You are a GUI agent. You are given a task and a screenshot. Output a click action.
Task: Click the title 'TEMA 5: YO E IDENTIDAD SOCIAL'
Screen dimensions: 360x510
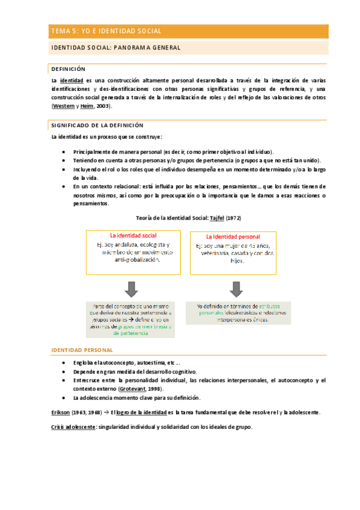(x=106, y=31)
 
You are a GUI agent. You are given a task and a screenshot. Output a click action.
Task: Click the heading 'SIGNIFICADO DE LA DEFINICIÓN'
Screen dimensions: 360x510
(x=97, y=125)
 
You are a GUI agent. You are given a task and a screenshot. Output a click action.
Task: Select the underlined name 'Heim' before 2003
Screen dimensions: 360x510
(x=88, y=106)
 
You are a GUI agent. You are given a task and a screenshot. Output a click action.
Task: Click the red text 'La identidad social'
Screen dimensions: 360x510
(x=133, y=235)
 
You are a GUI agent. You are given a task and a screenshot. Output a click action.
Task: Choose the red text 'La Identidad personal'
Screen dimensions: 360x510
(x=233, y=236)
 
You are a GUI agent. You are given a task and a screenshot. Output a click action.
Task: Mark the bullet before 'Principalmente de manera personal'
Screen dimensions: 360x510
(x=64, y=152)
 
